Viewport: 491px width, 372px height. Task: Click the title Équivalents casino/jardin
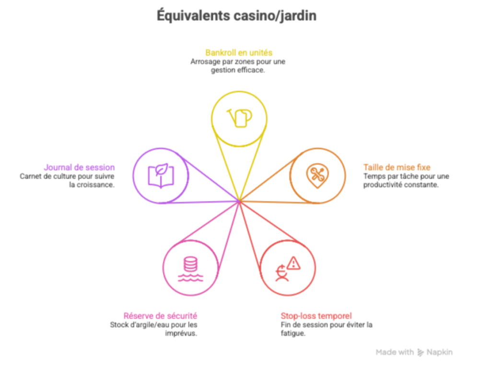click(x=236, y=16)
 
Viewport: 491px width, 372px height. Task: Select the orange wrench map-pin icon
click(x=317, y=174)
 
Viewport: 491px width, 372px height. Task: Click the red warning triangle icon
click(x=293, y=262)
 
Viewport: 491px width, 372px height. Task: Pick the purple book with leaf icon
click(x=161, y=175)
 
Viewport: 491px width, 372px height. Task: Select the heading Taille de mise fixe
click(x=397, y=167)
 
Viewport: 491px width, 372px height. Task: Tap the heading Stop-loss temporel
click(x=316, y=316)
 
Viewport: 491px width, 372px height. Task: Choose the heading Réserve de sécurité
click(x=160, y=316)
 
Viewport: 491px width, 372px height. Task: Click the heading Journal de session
click(x=79, y=167)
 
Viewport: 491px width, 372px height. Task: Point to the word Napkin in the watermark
click(x=441, y=352)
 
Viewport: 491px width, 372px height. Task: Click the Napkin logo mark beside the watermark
click(x=421, y=352)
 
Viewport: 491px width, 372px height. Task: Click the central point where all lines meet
click(x=239, y=201)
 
